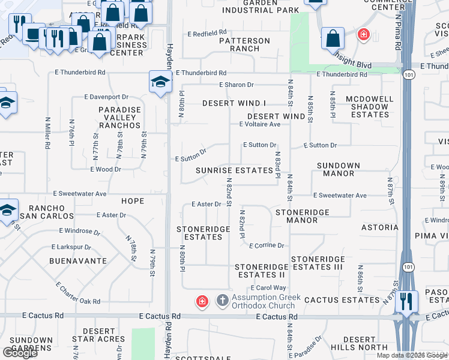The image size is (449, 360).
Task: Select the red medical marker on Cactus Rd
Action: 202,301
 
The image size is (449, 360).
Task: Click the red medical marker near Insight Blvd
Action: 363,35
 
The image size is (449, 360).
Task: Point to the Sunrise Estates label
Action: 234,170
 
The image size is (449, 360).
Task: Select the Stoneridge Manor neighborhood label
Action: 297,216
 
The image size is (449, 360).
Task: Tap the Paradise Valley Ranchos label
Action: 120,118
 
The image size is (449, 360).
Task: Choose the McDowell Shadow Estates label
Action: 370,107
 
